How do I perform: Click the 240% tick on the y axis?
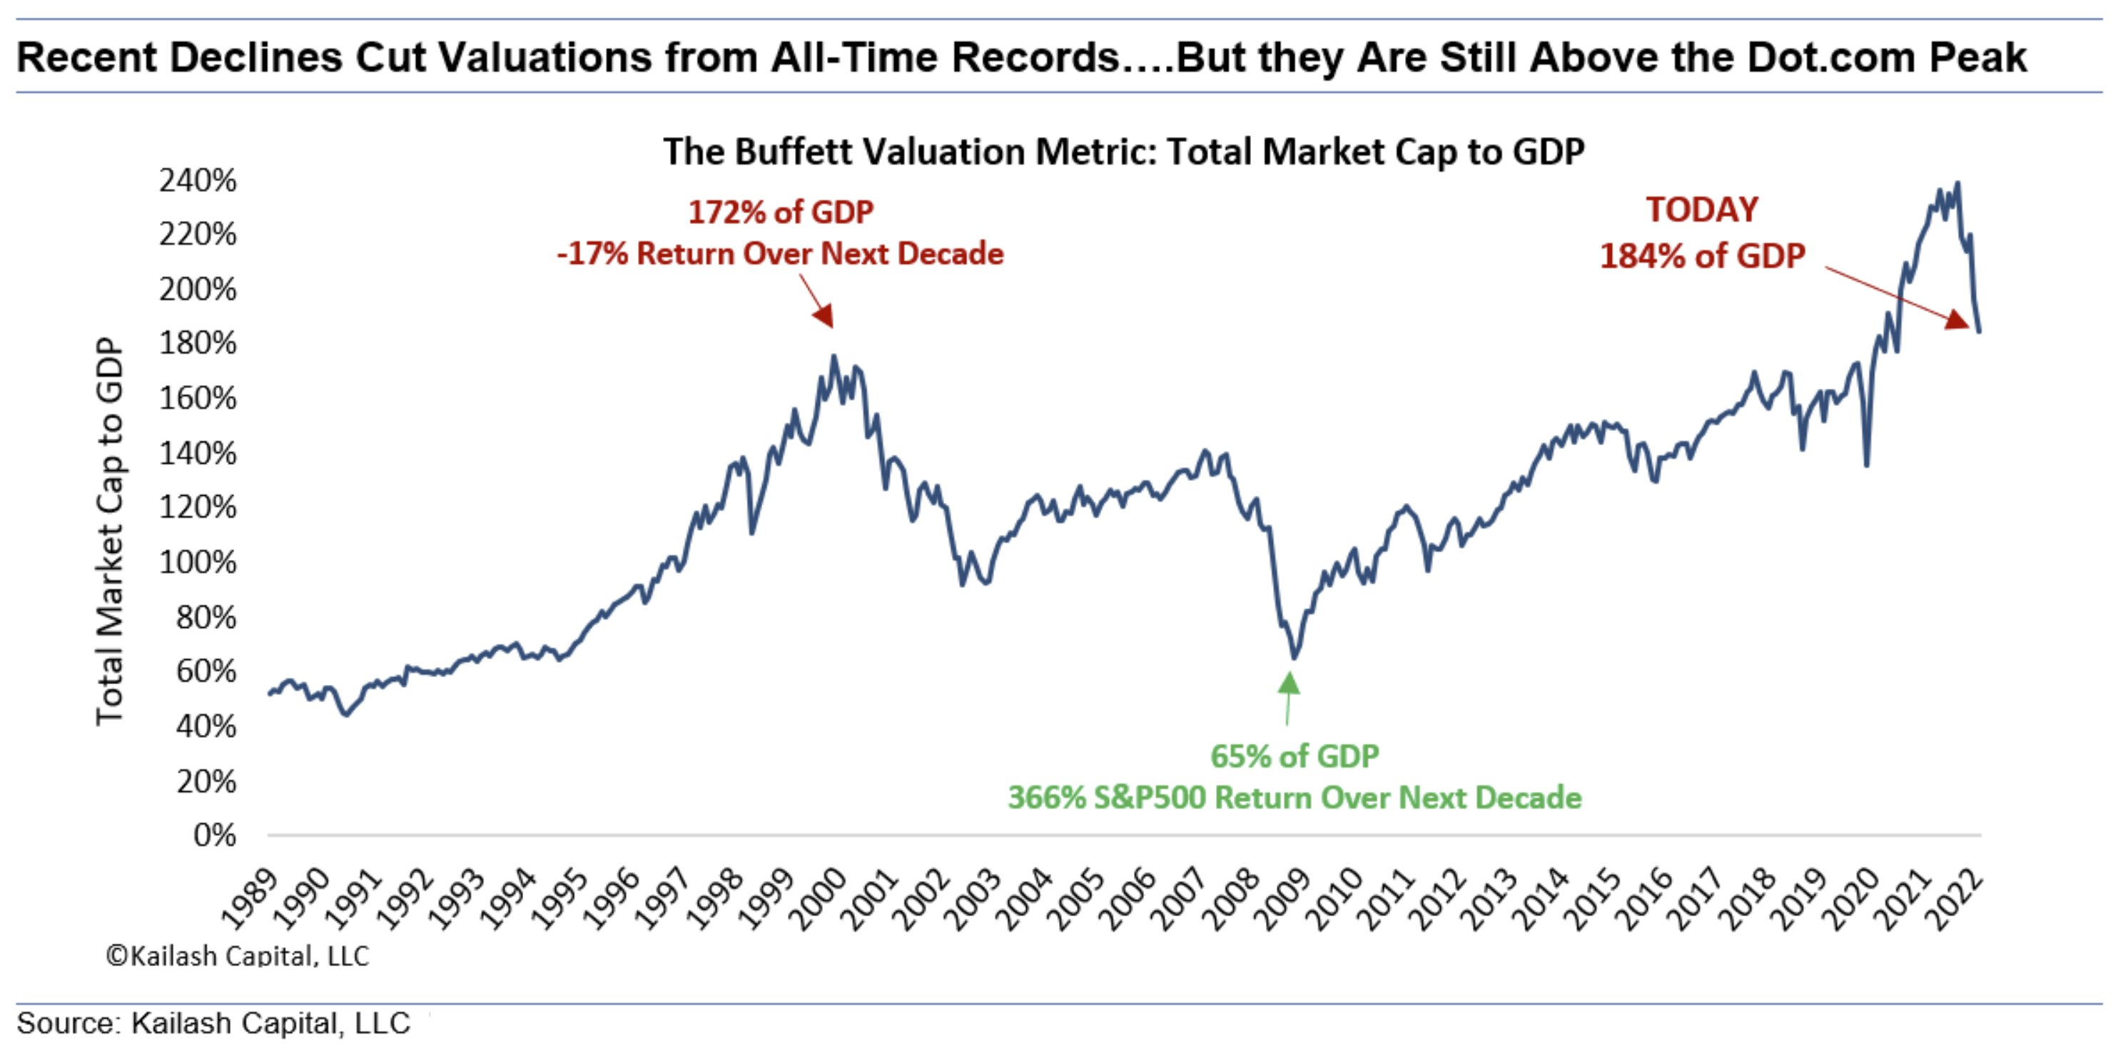click(198, 180)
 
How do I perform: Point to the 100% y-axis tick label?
click(198, 562)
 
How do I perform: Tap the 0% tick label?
click(215, 835)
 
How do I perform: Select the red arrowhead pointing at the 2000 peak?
click(824, 315)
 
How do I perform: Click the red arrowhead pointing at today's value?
click(1956, 319)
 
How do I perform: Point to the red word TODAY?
click(1702, 210)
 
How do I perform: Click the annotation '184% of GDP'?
click(1702, 256)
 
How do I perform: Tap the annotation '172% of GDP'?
click(781, 213)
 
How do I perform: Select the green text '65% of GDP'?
click(1294, 756)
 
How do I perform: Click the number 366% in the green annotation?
click(1047, 798)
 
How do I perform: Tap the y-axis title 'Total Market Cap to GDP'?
click(110, 531)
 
